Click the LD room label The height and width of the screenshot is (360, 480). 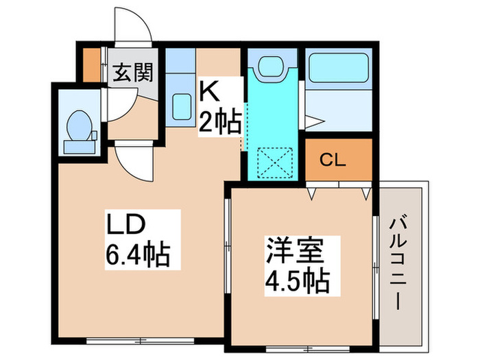point(125,226)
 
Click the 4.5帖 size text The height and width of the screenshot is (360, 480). point(296,279)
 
